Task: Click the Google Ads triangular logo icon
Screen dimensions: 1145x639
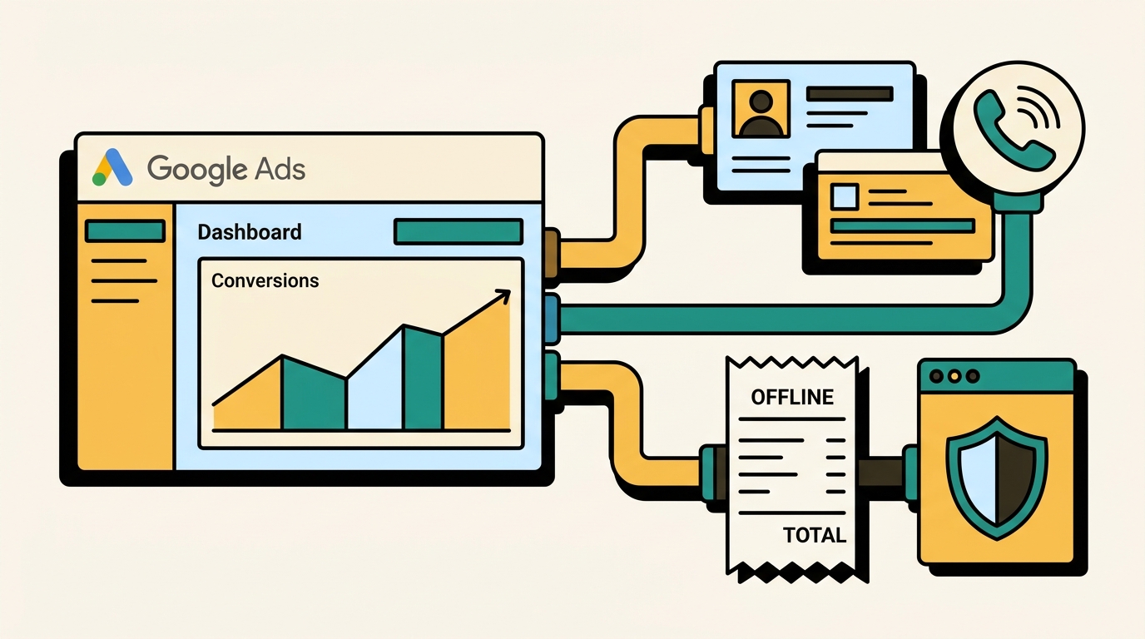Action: [x=112, y=167]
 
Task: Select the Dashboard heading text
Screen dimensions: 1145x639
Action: [x=250, y=232]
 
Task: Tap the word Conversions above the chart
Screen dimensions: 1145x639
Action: [x=265, y=280]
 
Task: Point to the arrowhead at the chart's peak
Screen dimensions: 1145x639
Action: [x=503, y=295]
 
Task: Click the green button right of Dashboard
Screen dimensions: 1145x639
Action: [x=458, y=231]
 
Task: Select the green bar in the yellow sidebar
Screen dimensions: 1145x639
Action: [x=125, y=230]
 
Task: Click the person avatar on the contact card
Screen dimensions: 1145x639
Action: [x=761, y=109]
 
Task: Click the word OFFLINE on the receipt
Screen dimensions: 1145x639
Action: [x=792, y=397]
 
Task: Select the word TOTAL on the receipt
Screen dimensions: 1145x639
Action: [x=815, y=535]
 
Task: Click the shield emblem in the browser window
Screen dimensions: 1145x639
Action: [x=997, y=478]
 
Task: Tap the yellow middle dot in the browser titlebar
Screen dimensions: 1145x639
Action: [x=954, y=376]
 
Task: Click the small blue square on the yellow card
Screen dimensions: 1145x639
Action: [x=845, y=197]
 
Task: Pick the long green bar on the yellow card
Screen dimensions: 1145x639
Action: [x=902, y=226]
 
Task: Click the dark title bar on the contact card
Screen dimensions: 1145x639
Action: [x=850, y=94]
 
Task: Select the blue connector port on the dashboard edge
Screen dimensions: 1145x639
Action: [x=552, y=319]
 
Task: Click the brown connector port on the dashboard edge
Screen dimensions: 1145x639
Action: [x=552, y=254]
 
